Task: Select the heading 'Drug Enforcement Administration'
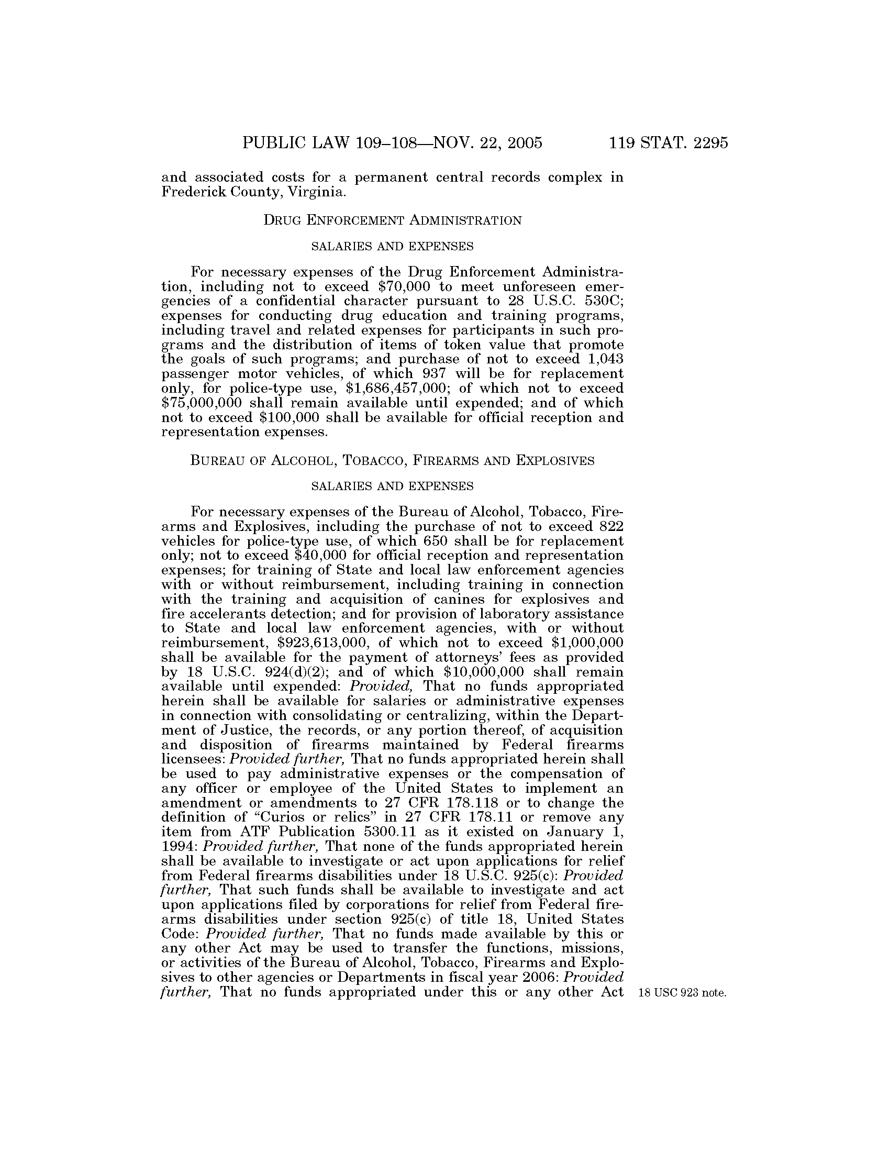[392, 220]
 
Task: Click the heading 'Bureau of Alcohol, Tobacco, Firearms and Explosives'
[392, 460]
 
